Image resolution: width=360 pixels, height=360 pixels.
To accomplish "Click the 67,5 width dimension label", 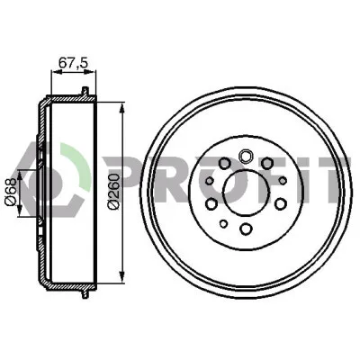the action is [73, 64].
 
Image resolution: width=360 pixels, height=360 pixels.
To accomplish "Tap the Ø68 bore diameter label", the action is [10, 192].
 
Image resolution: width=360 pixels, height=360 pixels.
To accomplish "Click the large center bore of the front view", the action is [247, 193].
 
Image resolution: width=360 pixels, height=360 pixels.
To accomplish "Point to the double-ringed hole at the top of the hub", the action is [245, 156].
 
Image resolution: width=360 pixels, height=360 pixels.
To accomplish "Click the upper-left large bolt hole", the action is [223, 164].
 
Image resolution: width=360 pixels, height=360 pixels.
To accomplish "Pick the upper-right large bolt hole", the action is [266, 163].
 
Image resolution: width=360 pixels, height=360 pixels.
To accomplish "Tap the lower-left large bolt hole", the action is [211, 203].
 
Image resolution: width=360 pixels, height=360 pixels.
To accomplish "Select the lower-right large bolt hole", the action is [280, 204].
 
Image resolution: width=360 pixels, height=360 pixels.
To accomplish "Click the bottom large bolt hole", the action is [246, 229].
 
